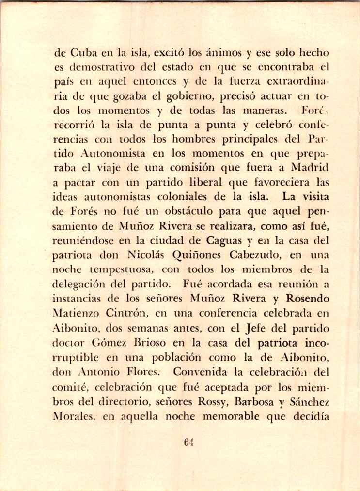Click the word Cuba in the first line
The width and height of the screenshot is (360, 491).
(x=80, y=54)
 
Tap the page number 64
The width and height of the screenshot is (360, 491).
(x=189, y=442)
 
